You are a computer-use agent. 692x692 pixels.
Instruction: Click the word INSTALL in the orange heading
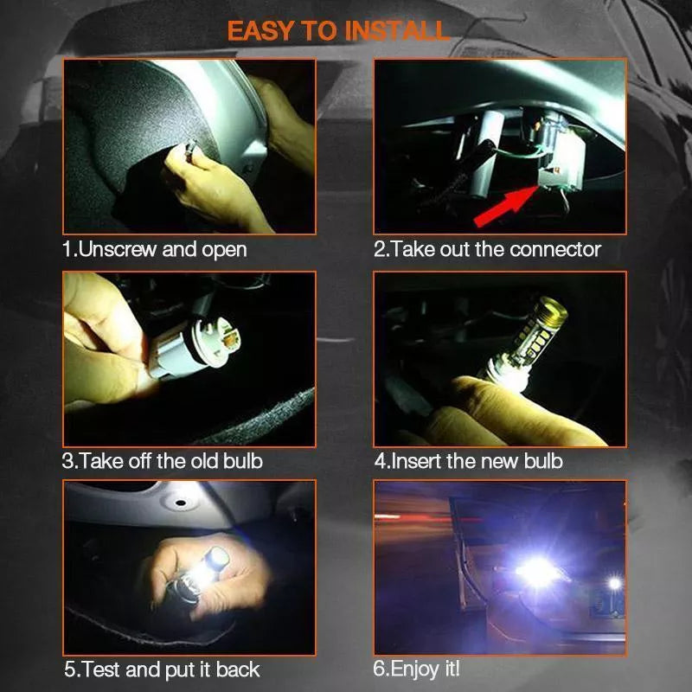[x=397, y=31]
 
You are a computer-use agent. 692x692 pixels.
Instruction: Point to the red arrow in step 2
[x=507, y=206]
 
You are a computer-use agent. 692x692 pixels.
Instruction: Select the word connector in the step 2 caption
[x=555, y=250]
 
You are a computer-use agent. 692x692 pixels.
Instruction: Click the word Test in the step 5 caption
[x=101, y=670]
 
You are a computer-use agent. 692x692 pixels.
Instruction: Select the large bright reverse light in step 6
[x=538, y=573]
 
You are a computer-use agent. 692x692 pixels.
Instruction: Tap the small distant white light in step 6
[x=614, y=583]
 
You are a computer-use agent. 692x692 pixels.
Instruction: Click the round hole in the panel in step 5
[x=180, y=503]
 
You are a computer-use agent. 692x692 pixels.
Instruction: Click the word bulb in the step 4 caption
[x=543, y=461]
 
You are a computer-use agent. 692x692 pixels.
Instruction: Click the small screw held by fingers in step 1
[x=191, y=147]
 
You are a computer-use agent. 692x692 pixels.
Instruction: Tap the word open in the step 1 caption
[x=224, y=251]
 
